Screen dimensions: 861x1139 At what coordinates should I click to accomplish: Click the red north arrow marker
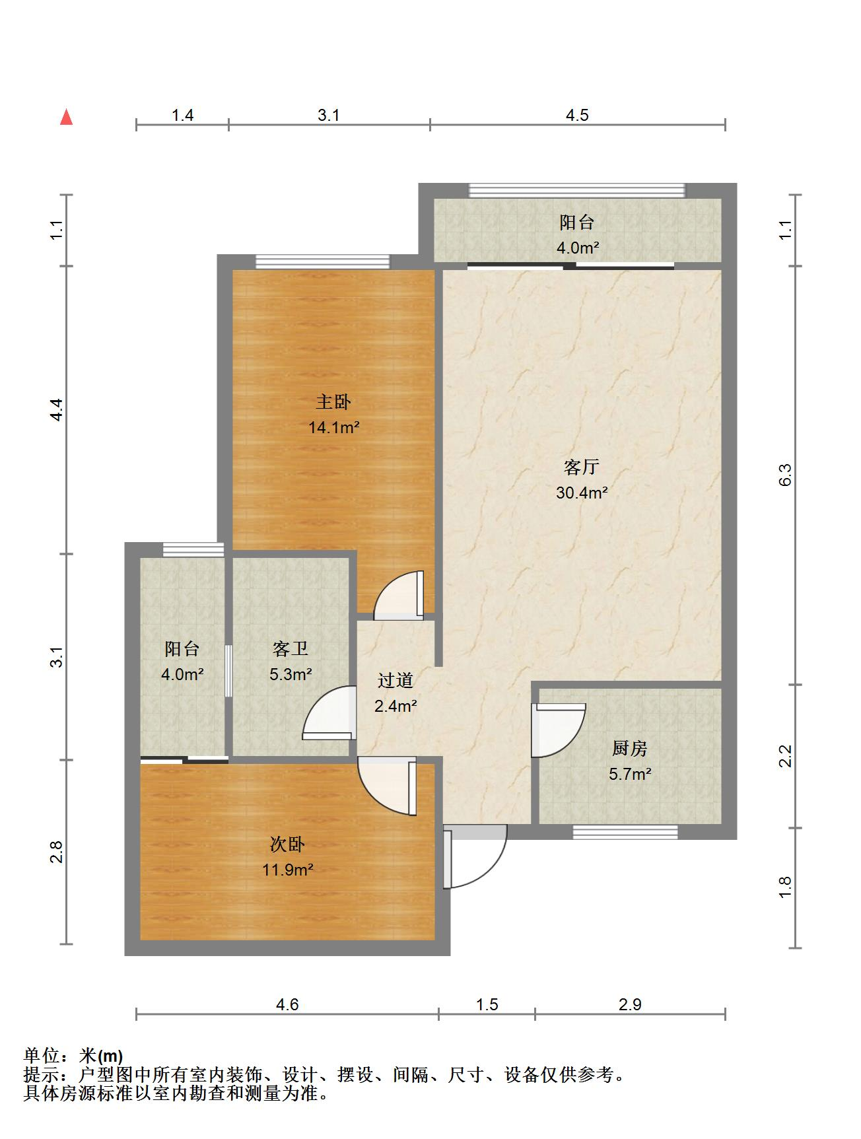[x=66, y=117]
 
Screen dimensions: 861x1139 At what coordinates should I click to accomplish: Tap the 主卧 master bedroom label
[x=333, y=402]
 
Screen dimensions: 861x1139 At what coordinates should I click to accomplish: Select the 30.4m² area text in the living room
[x=582, y=493]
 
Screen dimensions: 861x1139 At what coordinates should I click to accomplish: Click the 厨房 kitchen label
[x=629, y=749]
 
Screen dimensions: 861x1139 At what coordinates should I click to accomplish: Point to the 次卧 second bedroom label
[x=287, y=845]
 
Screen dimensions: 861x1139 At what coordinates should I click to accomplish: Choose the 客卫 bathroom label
[x=291, y=649]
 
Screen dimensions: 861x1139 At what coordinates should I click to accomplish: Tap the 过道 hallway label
[x=396, y=680]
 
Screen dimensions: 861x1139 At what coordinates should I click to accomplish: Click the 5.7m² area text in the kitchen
[x=630, y=774]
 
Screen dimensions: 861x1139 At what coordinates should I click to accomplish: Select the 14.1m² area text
[x=334, y=428]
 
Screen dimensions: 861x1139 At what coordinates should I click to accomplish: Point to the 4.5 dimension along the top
[x=577, y=116]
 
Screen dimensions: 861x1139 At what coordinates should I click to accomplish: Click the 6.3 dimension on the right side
[x=785, y=475]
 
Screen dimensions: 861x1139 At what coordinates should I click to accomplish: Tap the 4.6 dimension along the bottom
[x=287, y=1004]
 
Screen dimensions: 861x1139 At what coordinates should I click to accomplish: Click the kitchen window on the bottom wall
[x=625, y=832]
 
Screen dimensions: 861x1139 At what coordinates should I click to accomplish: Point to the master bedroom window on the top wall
[x=322, y=261]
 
